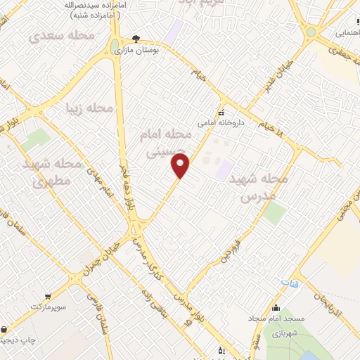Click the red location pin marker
[x=181, y=166]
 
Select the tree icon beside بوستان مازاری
[x=136, y=39]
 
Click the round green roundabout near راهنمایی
[x=311, y=32]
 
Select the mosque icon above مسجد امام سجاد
[x=276, y=307]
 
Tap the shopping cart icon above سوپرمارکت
[x=47, y=297]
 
